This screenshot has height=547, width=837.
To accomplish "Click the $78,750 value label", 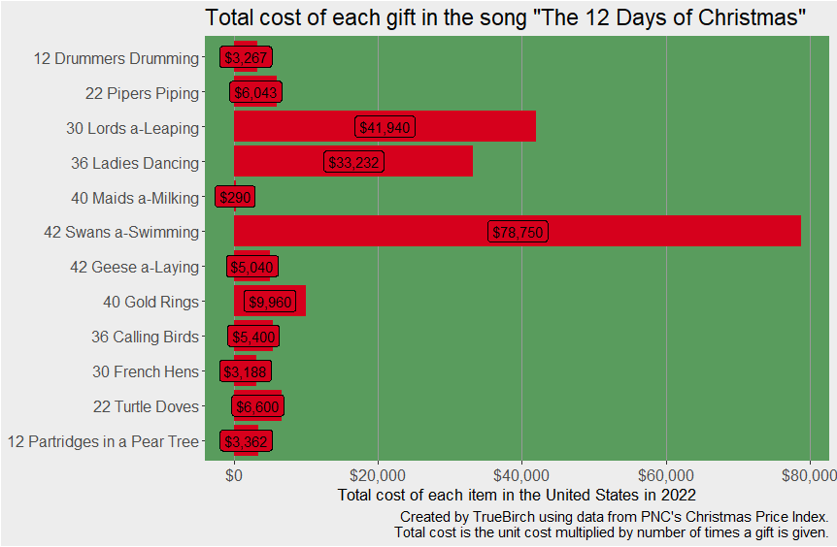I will click(519, 232).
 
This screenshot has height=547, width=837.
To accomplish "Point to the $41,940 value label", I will click(385, 128).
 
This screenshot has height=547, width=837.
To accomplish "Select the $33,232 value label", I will click(353, 163).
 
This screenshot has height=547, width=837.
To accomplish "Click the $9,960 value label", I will click(270, 303).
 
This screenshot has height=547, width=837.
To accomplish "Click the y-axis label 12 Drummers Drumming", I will click(116, 58).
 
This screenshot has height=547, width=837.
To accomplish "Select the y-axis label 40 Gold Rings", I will click(151, 303).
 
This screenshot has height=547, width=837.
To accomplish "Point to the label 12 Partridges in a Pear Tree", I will click(103, 442).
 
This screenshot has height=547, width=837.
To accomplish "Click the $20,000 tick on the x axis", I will click(378, 475).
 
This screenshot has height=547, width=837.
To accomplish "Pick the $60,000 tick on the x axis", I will click(666, 475).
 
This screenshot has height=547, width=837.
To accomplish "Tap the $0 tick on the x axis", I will click(234, 475).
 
